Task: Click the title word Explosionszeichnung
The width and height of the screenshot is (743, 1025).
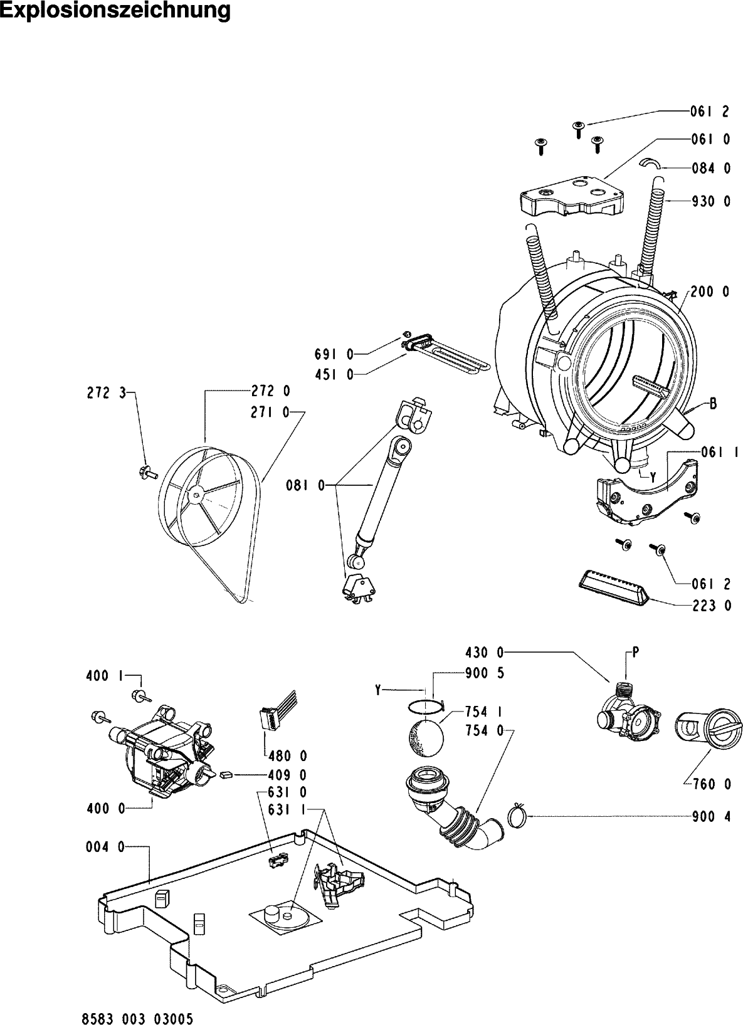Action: click(115, 11)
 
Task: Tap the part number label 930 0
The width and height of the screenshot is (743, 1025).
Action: click(711, 201)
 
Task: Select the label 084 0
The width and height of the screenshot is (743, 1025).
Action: click(711, 169)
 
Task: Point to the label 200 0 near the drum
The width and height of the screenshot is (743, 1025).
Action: click(710, 292)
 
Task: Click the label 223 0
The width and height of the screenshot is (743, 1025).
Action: click(712, 606)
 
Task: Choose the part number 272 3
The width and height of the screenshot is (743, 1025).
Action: click(107, 393)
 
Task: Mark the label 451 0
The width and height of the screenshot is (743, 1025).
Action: click(334, 375)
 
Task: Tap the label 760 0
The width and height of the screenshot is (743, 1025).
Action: click(712, 784)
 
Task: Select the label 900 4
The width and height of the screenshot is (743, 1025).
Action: click(712, 817)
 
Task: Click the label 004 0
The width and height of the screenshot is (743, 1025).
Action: click(105, 848)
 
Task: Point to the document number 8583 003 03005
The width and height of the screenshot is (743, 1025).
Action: click(137, 1019)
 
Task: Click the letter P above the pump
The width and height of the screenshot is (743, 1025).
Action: click(635, 653)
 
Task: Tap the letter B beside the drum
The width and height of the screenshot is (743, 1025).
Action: click(714, 404)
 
